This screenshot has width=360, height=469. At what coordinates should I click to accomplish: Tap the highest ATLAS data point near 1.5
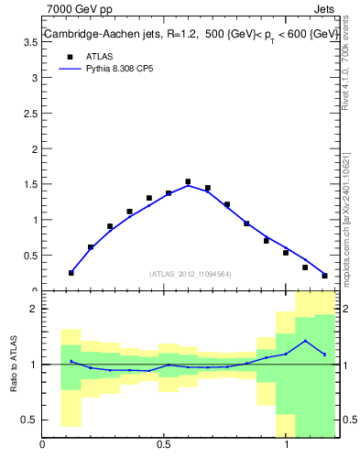[188, 181]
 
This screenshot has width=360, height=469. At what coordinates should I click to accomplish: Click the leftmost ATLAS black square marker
[71, 273]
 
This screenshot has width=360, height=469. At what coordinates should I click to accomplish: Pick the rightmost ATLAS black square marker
[325, 275]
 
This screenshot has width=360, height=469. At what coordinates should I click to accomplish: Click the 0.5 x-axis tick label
[164, 446]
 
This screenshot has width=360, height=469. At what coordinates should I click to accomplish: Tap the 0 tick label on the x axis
[42, 446]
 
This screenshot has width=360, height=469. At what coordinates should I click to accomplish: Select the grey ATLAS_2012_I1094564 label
[191, 273]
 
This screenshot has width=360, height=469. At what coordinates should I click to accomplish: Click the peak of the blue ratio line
[305, 341]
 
